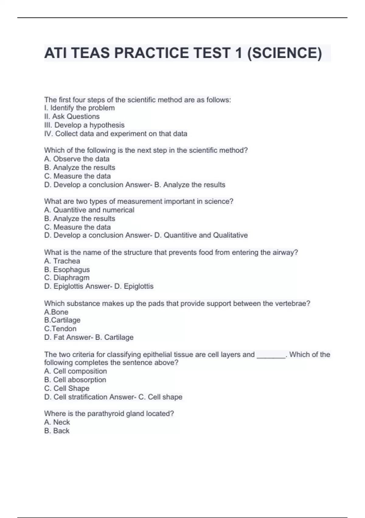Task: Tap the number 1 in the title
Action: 239,53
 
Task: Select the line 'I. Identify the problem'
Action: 79,108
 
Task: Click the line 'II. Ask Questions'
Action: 72,116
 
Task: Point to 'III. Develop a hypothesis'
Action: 84,125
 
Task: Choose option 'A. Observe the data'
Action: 77,159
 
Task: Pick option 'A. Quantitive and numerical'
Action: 89,210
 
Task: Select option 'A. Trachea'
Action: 62,261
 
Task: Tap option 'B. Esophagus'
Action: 67,269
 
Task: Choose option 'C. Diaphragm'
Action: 67,278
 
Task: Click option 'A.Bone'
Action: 56,312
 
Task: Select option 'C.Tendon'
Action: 60,328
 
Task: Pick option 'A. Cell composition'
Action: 75,371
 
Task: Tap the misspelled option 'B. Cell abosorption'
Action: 75,380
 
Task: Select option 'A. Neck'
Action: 57,422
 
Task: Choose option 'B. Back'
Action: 57,431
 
